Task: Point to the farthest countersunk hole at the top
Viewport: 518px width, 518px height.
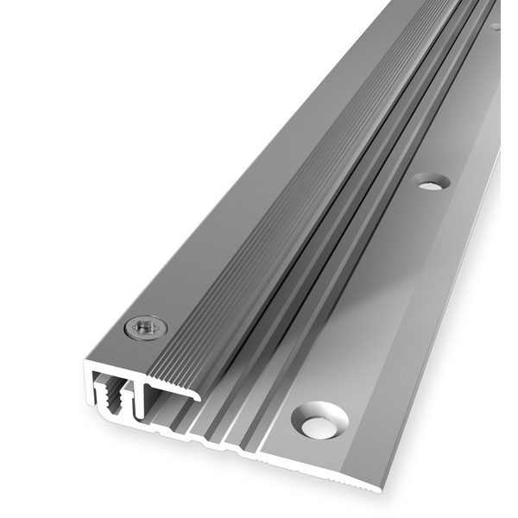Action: (496, 26)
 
